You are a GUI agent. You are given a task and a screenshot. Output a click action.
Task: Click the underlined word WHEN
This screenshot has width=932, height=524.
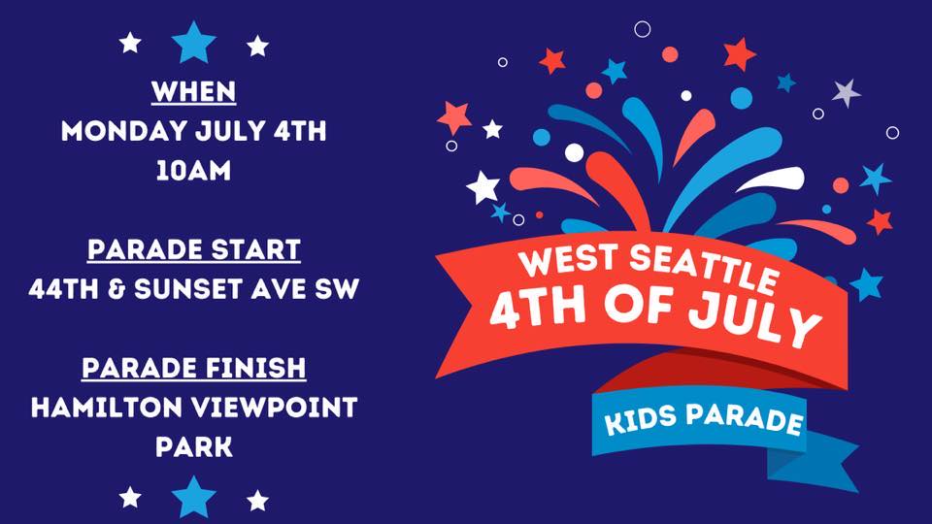pyautogui.click(x=194, y=92)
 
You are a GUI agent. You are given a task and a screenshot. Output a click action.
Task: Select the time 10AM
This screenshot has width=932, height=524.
pyautogui.click(x=194, y=171)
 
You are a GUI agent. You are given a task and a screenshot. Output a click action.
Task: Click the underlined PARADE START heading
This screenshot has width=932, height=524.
pyautogui.click(x=194, y=250)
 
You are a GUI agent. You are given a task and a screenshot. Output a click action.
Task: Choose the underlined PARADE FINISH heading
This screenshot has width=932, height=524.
pyautogui.click(x=194, y=369)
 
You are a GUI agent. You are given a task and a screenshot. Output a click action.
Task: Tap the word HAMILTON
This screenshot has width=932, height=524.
pyautogui.click(x=107, y=408)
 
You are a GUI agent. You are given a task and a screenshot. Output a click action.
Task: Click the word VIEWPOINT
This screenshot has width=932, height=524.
pyautogui.click(x=274, y=408)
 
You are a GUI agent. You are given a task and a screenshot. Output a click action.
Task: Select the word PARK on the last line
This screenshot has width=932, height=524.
pyautogui.click(x=194, y=446)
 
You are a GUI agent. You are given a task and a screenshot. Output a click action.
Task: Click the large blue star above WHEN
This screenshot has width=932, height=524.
pyautogui.click(x=194, y=43)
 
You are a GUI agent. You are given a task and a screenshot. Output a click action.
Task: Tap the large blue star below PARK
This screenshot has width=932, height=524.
pyautogui.click(x=194, y=497)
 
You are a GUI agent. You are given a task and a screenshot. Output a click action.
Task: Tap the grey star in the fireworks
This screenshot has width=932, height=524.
pyautogui.click(x=846, y=93)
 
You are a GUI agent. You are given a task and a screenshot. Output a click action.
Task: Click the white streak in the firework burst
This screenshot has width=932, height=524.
pyautogui.click(x=771, y=179)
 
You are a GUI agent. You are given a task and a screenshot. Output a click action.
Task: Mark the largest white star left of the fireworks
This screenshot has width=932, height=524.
pyautogui.click(x=483, y=187)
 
